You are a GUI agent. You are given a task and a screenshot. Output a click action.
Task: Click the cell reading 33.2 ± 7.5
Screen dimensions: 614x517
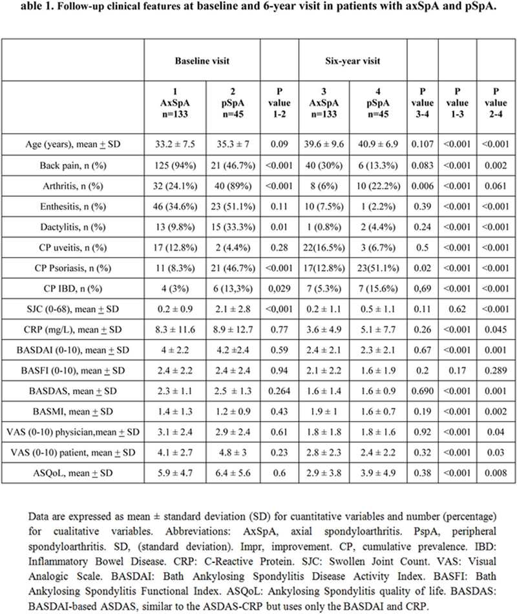[x=174, y=146]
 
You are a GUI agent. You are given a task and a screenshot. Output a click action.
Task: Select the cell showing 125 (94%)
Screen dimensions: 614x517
[x=174, y=167]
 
